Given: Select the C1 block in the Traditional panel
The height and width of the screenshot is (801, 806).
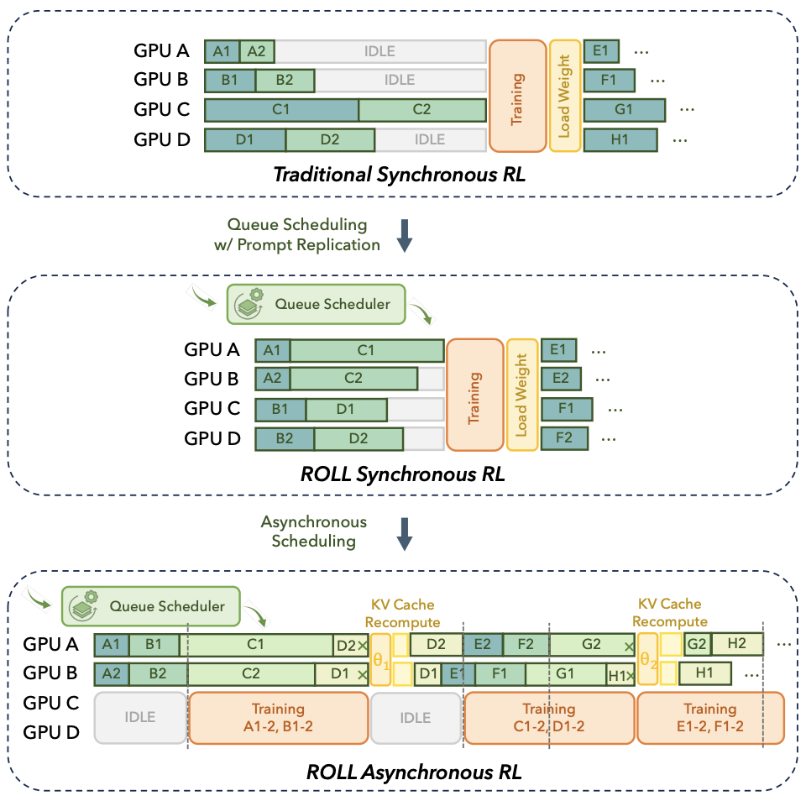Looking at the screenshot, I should point(281,110).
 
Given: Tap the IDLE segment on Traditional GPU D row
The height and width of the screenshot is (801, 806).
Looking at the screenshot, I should point(430,139).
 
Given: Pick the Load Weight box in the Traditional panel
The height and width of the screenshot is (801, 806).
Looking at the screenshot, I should point(563,96).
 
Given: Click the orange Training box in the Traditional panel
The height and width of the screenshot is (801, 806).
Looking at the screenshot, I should point(516,96).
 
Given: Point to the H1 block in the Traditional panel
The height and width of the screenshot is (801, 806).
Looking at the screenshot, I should point(620,139).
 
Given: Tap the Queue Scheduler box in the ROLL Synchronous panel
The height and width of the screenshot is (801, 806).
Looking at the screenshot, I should point(316,304).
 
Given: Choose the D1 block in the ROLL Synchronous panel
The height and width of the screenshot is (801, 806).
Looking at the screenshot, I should point(345,409).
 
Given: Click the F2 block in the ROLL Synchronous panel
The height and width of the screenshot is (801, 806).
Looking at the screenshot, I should point(563,437).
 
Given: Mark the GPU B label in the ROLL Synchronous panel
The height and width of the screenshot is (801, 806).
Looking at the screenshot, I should point(212,380).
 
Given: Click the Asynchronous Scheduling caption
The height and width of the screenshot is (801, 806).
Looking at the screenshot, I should point(309,531).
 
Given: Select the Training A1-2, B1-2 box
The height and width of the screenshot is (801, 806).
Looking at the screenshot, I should point(279,717).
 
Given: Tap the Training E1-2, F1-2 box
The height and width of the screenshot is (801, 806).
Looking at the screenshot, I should point(710,717).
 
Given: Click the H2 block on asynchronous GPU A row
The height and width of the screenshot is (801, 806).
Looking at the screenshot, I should point(737,644).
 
